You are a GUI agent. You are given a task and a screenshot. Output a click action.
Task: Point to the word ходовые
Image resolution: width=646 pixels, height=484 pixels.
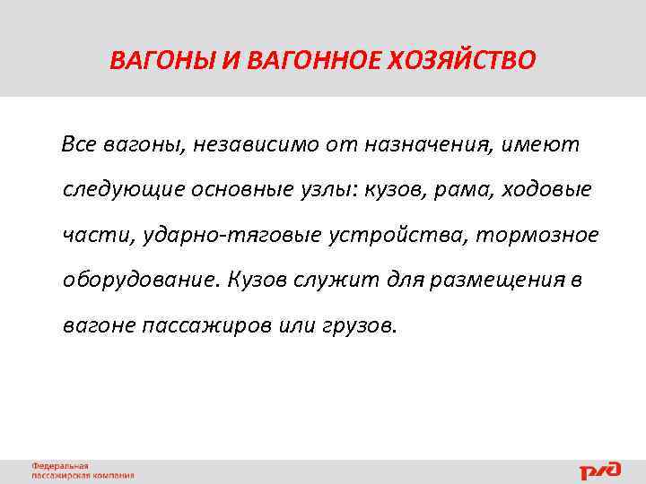pyautogui.click(x=546, y=190)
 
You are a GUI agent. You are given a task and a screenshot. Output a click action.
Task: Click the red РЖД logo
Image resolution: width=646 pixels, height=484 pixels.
pyautogui.click(x=598, y=470)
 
